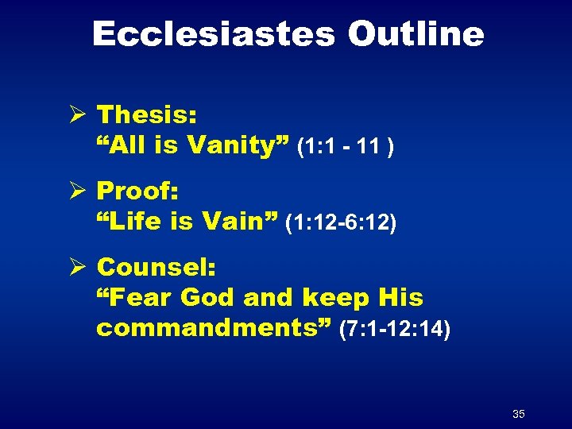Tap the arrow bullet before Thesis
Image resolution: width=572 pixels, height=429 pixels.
(77, 115)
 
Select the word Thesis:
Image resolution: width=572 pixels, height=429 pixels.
(147, 115)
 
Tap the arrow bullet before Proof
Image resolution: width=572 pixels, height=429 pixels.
(77, 191)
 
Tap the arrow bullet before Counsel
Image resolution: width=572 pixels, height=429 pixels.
(77, 268)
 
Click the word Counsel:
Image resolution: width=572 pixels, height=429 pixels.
(156, 268)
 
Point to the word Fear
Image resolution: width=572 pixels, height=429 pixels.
(135, 298)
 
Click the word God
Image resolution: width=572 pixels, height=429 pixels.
(208, 298)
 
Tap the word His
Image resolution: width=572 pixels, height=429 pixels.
(400, 298)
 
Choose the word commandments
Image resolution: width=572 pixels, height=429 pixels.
(214, 328)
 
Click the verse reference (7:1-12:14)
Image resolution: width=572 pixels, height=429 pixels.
(394, 330)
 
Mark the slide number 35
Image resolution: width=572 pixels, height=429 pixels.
(519, 414)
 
